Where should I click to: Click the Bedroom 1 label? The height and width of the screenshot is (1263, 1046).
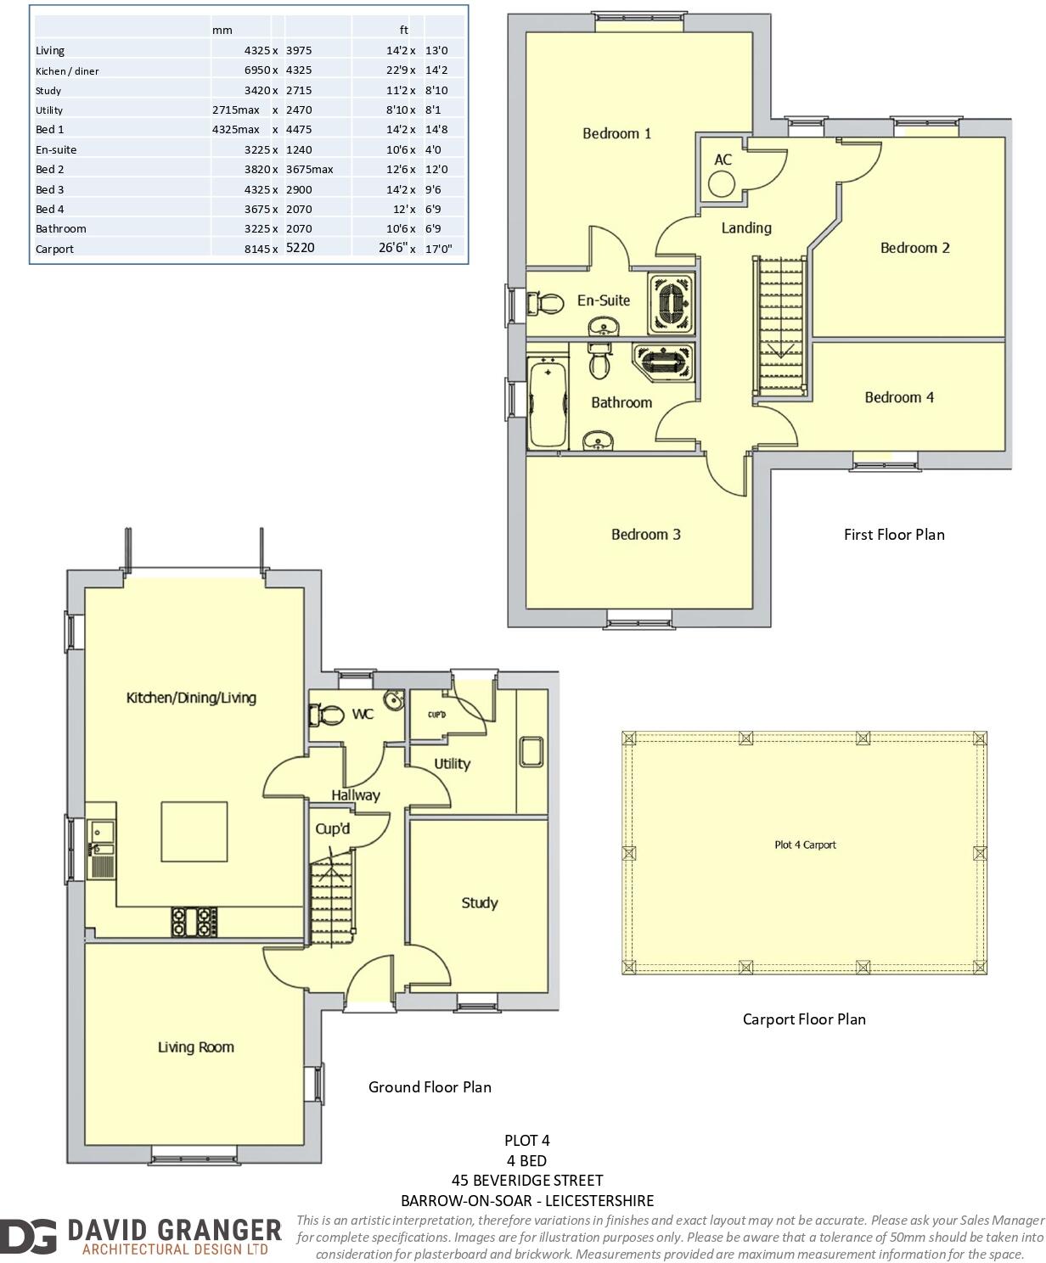(616, 133)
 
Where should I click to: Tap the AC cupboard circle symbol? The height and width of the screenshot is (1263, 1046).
(723, 183)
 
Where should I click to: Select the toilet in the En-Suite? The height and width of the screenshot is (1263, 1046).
(545, 303)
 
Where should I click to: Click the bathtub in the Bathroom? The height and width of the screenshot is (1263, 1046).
(547, 402)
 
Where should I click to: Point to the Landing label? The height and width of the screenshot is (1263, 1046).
(746, 227)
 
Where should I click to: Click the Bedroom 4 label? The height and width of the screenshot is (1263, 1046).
(899, 397)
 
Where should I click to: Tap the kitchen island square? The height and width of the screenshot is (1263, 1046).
(194, 832)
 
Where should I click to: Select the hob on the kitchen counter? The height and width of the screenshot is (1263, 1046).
(194, 922)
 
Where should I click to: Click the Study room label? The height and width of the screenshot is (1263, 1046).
(479, 903)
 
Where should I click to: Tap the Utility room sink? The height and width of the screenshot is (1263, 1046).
(531, 752)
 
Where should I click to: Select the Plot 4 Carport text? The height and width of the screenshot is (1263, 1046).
(805, 845)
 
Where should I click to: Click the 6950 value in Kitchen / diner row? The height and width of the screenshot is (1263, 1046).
(257, 70)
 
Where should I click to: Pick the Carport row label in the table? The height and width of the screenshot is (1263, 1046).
(54, 249)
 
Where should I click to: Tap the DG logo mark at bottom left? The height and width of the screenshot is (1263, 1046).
(29, 1237)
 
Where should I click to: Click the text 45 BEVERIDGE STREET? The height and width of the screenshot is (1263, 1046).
(527, 1180)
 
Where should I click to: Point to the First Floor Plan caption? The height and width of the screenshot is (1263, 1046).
(894, 534)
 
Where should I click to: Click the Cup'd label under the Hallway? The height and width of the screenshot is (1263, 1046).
(332, 828)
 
